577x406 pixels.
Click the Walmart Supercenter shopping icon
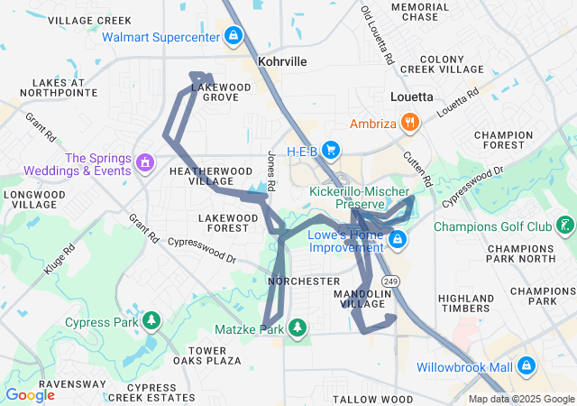234,36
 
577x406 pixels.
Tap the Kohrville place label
282,61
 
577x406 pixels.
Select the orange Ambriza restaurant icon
409,123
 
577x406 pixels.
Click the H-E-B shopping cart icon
331,150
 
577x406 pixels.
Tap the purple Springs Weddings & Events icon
144,163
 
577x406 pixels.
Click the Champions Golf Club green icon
565,226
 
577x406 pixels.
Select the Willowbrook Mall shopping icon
527,366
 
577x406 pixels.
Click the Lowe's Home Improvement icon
397,240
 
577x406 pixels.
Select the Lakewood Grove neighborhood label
221,92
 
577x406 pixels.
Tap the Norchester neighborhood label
305,281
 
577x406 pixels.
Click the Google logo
30,395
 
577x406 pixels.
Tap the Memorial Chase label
420,12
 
